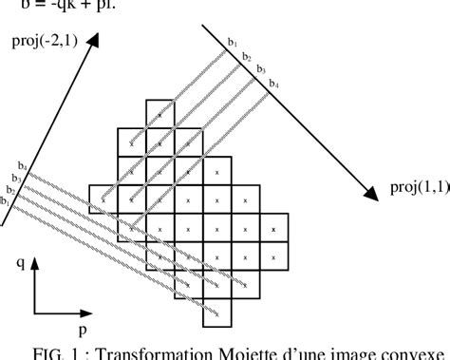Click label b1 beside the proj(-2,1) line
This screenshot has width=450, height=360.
6,200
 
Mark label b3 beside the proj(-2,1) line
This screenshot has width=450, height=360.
16,179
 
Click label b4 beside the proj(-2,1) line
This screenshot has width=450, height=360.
20,168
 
